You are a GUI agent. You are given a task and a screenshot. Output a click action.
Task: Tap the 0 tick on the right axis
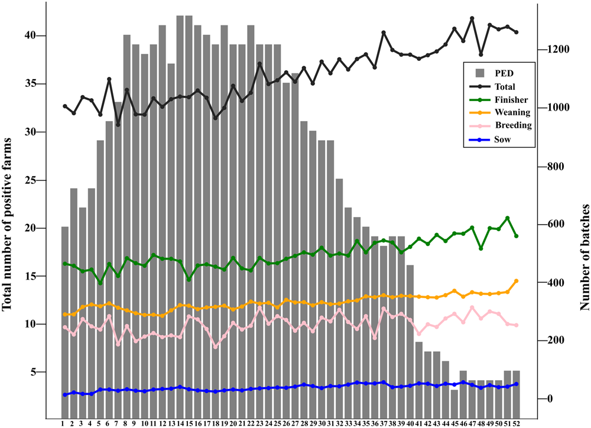tap(549, 398)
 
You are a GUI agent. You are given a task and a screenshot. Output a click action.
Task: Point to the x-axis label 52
tap(516, 422)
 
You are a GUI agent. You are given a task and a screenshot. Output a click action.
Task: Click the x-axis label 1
tap(63, 422)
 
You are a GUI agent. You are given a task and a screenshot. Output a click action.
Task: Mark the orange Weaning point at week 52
tap(517, 281)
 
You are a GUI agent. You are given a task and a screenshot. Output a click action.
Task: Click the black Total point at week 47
tap(472, 18)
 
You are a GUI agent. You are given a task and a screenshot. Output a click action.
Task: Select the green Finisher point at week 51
tap(508, 218)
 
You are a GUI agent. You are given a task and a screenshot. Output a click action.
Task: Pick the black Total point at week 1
tap(65, 106)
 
